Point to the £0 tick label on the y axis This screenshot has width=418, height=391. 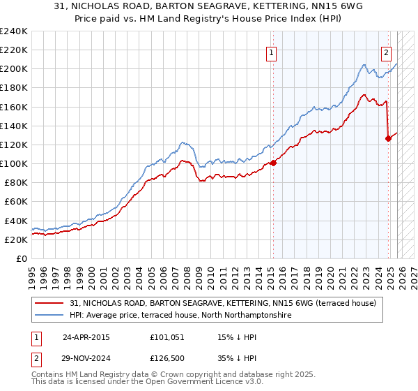click(x=21, y=258)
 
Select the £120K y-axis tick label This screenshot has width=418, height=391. click(x=14, y=145)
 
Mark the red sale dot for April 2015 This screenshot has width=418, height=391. click(x=273, y=163)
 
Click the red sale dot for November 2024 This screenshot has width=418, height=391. click(x=388, y=138)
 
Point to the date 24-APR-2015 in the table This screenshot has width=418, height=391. click(x=86, y=337)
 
